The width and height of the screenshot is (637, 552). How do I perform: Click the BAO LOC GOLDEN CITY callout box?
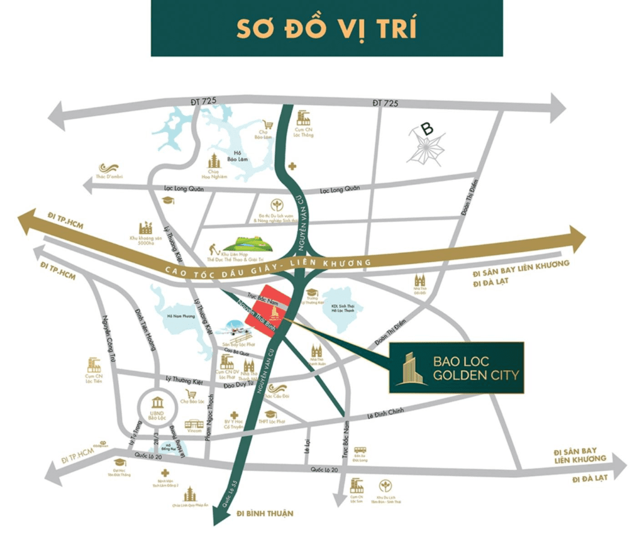[456, 368]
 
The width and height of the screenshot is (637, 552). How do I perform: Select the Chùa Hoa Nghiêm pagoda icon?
[214, 159]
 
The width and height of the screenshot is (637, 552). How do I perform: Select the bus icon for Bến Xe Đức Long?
[359, 451]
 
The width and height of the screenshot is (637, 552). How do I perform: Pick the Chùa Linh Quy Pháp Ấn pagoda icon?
[189, 494]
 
